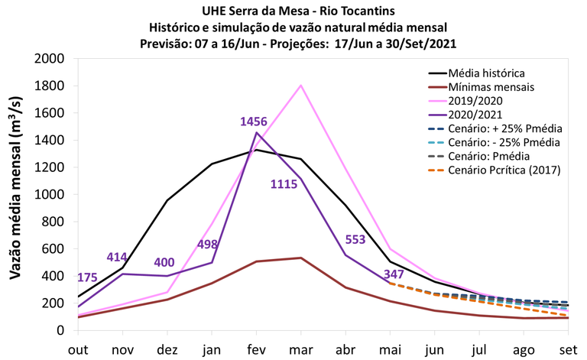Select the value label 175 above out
(x=88, y=277)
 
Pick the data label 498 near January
(x=212, y=245)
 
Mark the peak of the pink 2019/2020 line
(x=301, y=86)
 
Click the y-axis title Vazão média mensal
(x=16, y=194)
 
